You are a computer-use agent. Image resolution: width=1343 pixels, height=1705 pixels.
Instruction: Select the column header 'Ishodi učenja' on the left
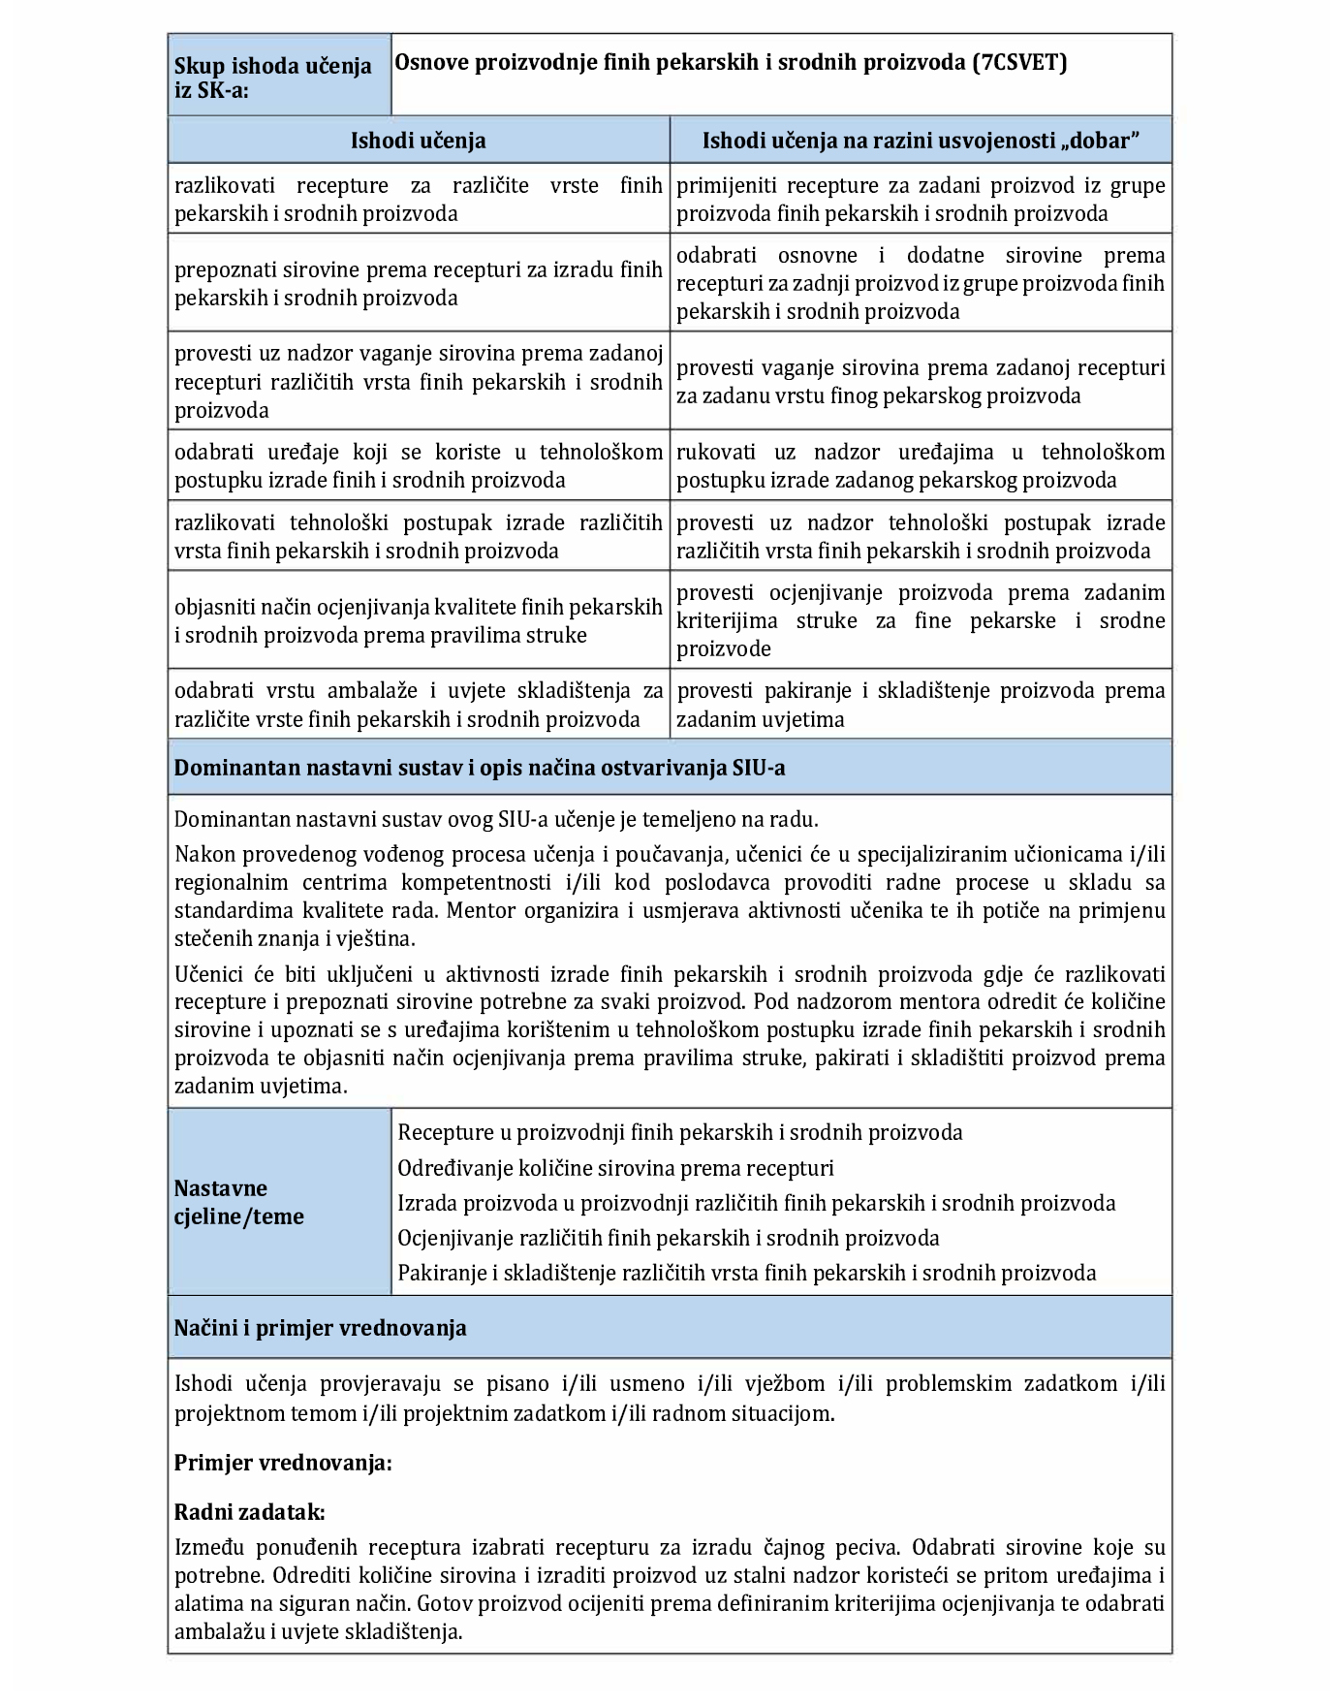[418, 141]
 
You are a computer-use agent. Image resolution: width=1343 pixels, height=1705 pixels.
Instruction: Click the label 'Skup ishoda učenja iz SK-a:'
[272, 79]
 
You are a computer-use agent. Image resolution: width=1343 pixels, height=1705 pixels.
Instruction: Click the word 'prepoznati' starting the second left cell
[224, 270]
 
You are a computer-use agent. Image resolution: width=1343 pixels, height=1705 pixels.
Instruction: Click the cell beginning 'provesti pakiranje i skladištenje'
[920, 705]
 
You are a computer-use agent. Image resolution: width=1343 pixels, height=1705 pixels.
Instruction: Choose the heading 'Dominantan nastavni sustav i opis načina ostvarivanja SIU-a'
[480, 769]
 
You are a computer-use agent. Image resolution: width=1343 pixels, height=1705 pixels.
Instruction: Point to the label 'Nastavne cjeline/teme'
[238, 1203]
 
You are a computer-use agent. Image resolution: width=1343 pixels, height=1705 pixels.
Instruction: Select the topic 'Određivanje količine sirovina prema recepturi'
[615, 1169]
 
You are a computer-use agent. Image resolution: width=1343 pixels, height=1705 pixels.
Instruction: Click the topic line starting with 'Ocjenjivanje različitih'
[669, 1239]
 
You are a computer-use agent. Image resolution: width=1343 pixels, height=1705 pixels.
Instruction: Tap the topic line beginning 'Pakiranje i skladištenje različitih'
[747, 1274]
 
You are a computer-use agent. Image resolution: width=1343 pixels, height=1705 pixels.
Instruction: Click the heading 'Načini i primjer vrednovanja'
[320, 1329]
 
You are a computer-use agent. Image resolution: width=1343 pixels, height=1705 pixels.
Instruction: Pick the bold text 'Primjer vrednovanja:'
[283, 1464]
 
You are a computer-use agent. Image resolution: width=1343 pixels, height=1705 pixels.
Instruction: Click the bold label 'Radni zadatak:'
[249, 1513]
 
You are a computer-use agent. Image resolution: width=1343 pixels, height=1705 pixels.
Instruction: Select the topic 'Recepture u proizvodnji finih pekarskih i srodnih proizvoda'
[680, 1133]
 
